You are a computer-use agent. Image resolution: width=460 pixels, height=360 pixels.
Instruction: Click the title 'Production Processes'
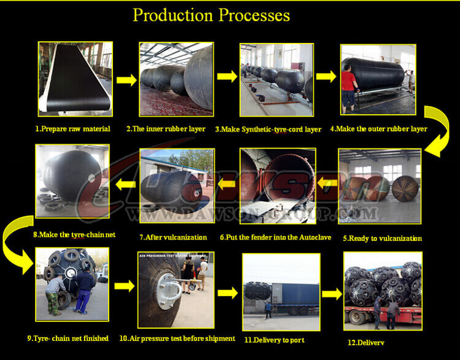click(212, 15)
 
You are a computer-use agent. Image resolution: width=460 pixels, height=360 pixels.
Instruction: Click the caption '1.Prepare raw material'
click(72, 129)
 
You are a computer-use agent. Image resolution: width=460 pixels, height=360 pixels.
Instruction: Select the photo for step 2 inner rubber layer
click(176, 79)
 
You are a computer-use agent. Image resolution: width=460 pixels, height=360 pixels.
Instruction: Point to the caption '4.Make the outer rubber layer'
click(378, 129)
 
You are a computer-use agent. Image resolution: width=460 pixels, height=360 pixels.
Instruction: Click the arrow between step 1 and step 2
click(126, 79)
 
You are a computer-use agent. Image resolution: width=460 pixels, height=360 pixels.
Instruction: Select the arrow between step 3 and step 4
click(325, 77)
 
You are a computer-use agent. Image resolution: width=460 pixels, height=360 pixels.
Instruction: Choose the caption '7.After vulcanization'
click(174, 237)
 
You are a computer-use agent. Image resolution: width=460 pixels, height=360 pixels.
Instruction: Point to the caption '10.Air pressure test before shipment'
click(177, 338)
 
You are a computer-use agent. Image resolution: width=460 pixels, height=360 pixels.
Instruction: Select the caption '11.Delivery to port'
click(275, 339)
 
